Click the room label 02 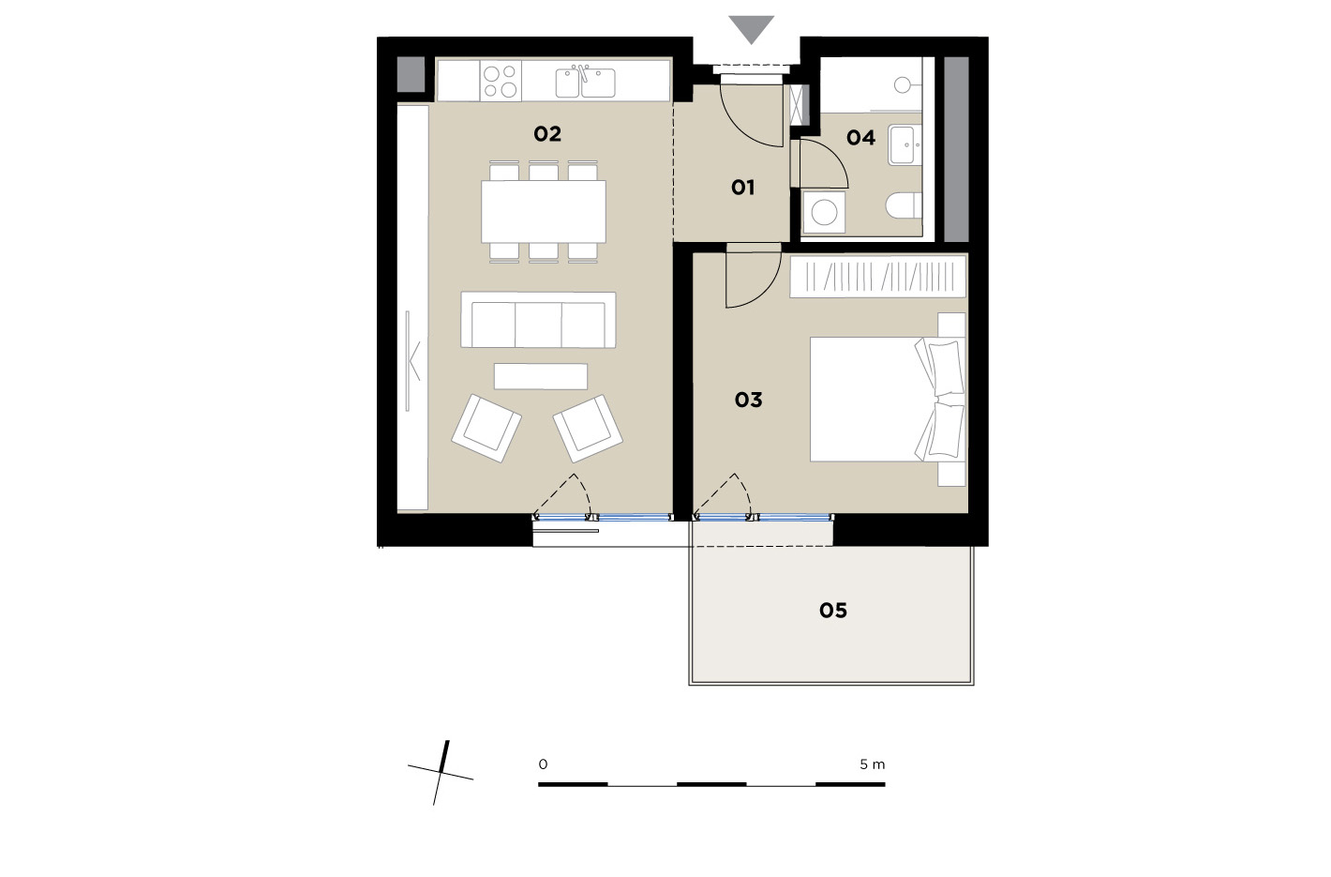[x=546, y=134]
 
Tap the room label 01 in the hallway [x=742, y=188]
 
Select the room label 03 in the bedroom [x=748, y=400]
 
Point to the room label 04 [x=860, y=138]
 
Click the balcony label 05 [x=833, y=610]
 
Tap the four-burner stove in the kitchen [x=501, y=81]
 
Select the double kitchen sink [x=585, y=83]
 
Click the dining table [x=543, y=212]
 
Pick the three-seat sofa [x=538, y=320]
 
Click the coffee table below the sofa [x=541, y=376]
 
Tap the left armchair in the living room [x=486, y=428]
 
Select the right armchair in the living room [x=588, y=429]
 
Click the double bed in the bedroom [x=887, y=400]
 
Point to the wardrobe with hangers [x=877, y=277]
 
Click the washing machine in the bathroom [x=824, y=212]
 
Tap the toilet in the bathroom [x=904, y=205]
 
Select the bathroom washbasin [x=905, y=144]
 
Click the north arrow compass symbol [x=441, y=773]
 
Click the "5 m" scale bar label [x=873, y=764]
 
